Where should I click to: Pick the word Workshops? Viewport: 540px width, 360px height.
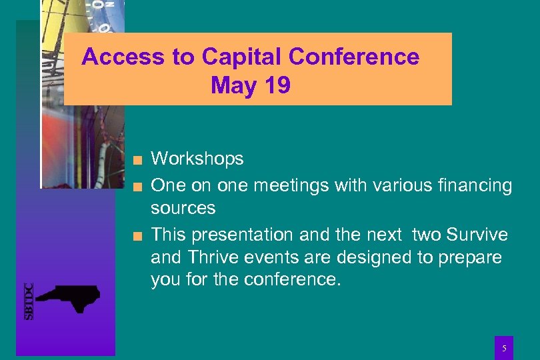197,159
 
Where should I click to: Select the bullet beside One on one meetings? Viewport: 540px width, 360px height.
137,186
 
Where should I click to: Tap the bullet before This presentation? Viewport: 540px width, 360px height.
137,235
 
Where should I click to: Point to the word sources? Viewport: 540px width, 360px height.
183,209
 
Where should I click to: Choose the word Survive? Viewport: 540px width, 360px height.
477,235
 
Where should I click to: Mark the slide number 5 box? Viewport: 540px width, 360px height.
504,347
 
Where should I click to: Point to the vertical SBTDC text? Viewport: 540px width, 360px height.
29,301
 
